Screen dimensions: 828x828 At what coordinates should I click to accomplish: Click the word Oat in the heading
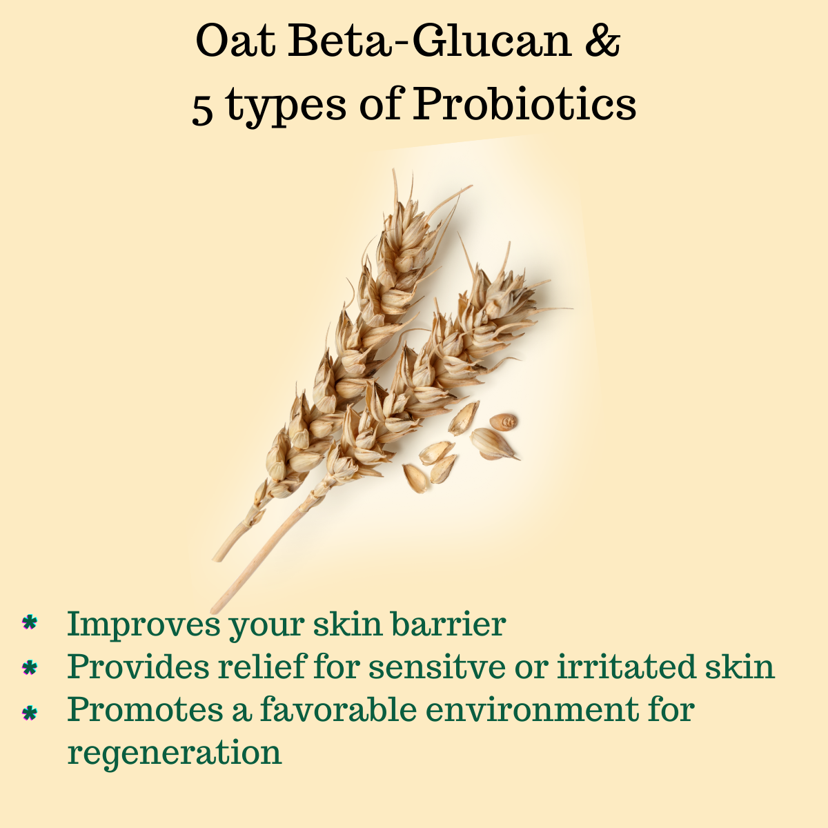point(235,42)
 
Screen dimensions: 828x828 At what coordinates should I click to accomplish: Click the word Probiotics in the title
point(524,106)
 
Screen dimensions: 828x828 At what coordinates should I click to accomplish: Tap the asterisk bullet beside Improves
point(29,623)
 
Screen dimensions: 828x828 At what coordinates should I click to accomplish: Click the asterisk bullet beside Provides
point(29,667)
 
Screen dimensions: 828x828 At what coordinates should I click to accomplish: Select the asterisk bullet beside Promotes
point(29,711)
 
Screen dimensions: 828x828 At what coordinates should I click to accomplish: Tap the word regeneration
point(175,753)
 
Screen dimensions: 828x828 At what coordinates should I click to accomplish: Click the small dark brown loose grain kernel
point(505,422)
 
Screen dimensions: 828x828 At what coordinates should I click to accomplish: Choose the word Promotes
point(144,709)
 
